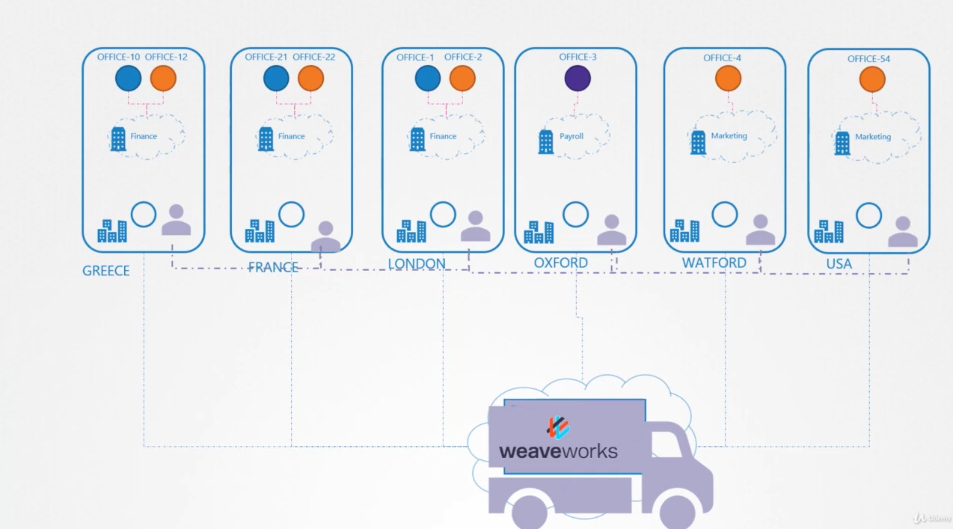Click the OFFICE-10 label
tap(118, 57)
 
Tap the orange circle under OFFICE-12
tap(163, 78)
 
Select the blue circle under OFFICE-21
tap(276, 78)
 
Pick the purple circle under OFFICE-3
tap(577, 78)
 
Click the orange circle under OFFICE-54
tap(872, 79)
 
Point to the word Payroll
tap(571, 136)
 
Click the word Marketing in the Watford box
tap(728, 136)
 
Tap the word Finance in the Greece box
tap(144, 136)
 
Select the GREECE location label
tap(106, 271)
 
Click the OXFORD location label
tap(560, 263)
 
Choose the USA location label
tap(839, 264)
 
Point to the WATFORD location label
tap(714, 263)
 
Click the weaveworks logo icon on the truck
tap(558, 428)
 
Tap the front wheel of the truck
tap(677, 512)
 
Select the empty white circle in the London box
tap(443, 214)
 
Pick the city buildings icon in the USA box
tap(828, 231)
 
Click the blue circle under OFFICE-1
tap(428, 78)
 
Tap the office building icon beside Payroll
tap(545, 142)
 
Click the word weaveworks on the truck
tap(558, 451)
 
